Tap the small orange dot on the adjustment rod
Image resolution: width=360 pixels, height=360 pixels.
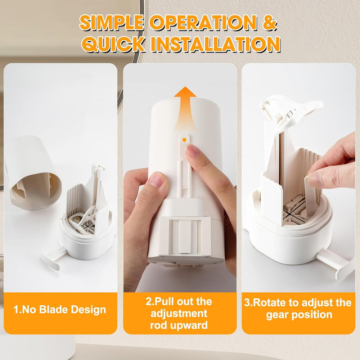184,140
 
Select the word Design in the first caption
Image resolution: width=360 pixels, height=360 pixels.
89,310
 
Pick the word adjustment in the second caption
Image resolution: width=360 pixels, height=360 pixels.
179,314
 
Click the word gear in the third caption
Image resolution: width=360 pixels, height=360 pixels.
277,315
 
